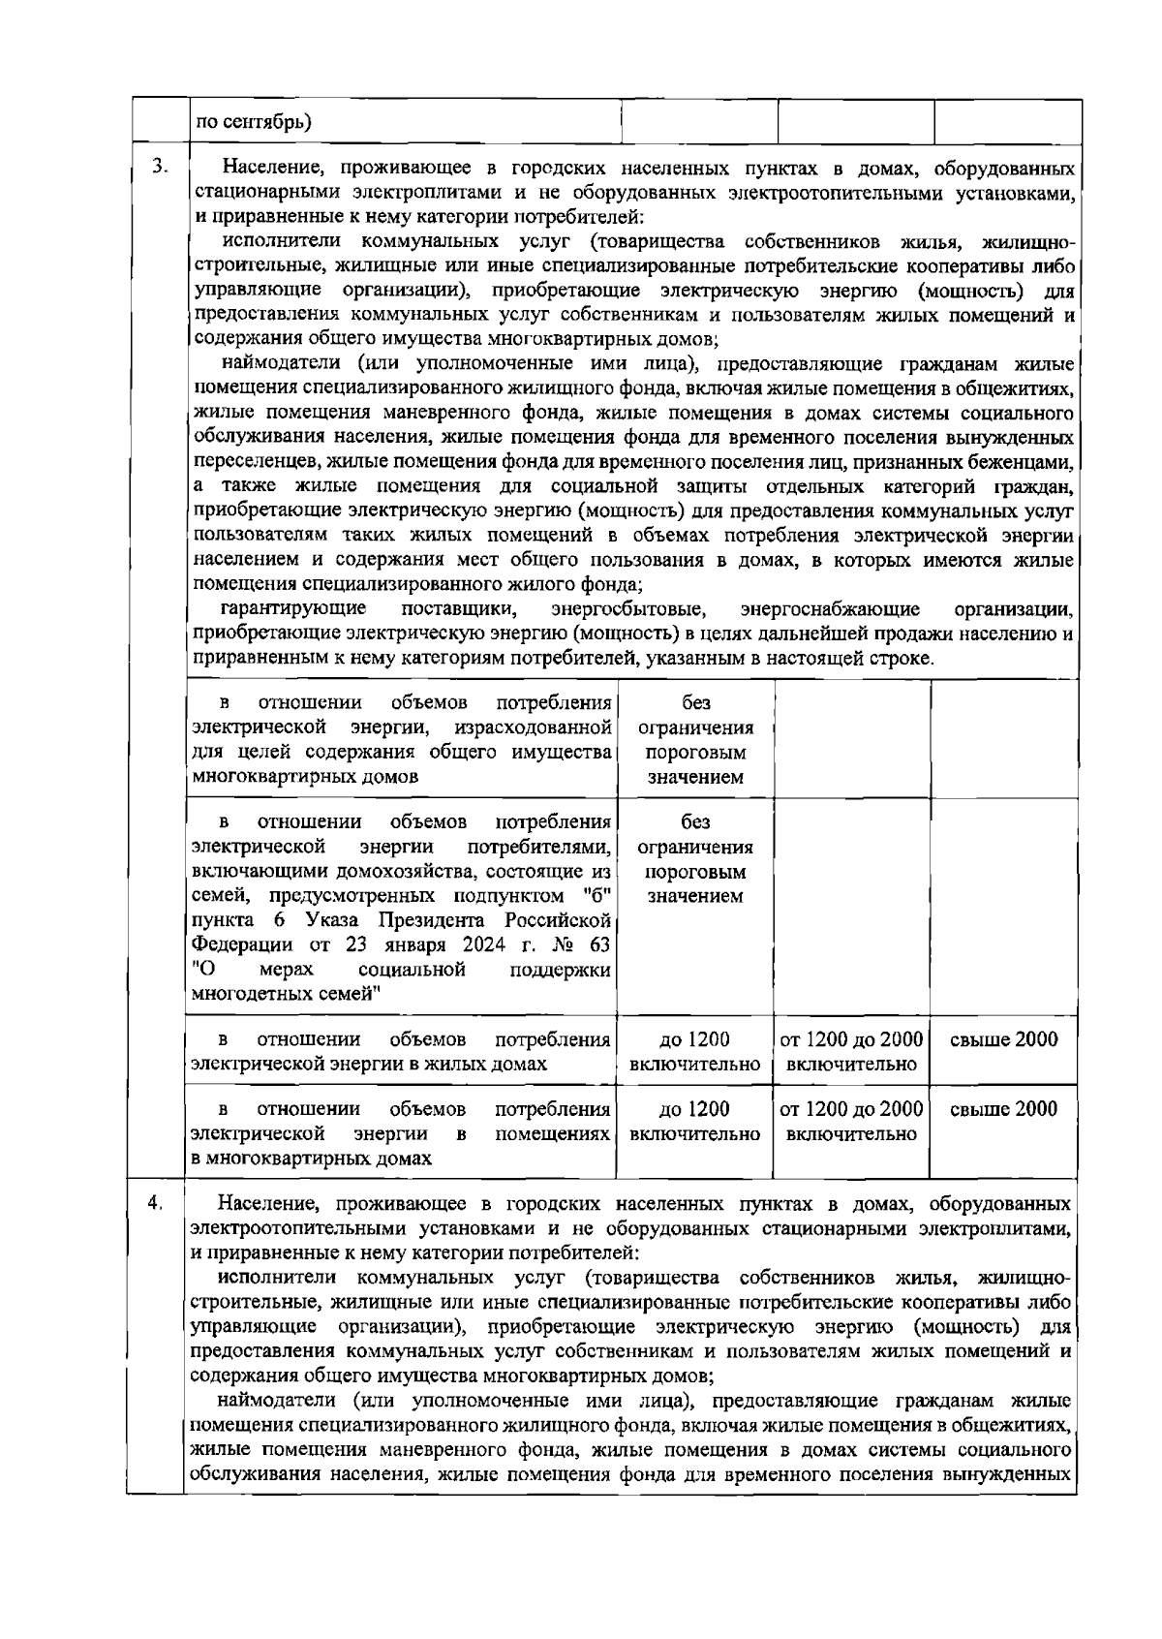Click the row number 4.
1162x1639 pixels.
[x=155, y=1203]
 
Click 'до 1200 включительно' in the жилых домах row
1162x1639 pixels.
[x=694, y=1052]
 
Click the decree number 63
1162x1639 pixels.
[x=600, y=943]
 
